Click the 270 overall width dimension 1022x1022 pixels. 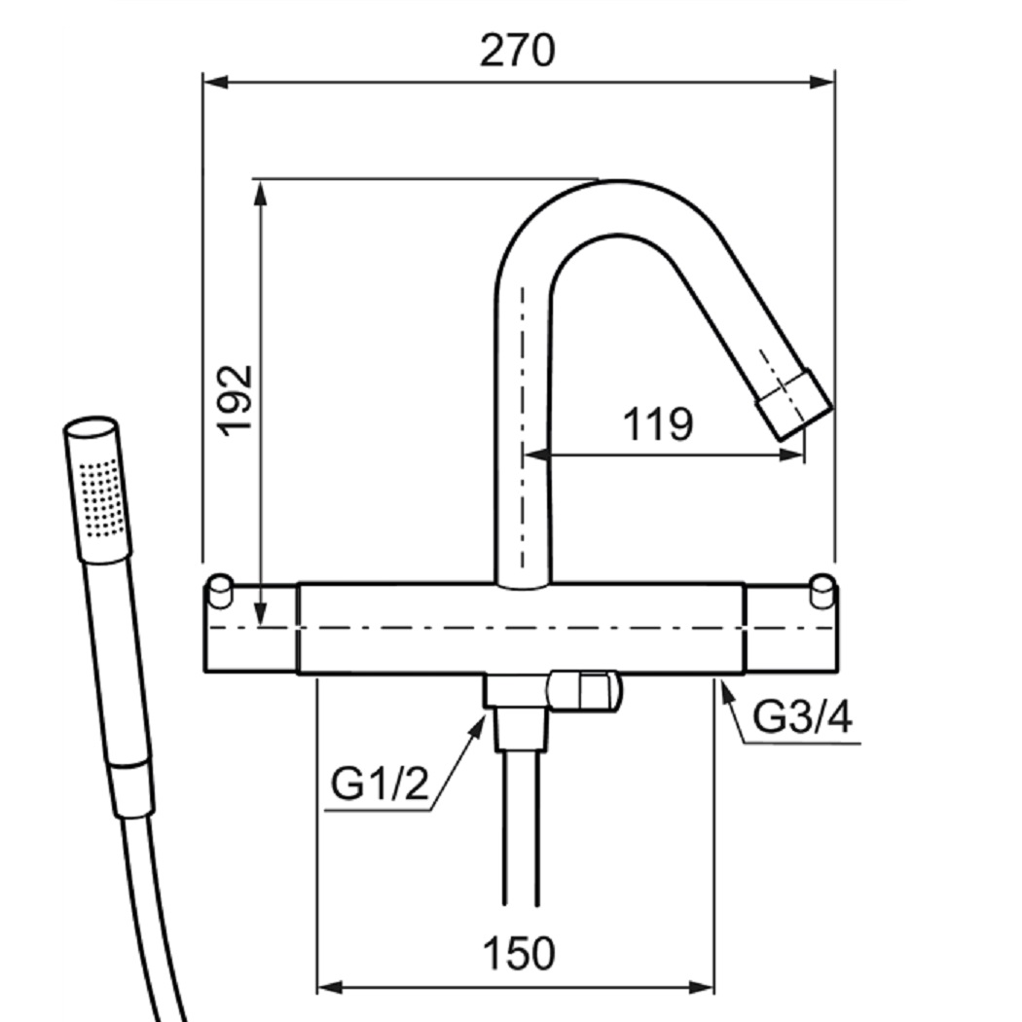pos(518,51)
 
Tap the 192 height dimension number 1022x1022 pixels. pos(236,400)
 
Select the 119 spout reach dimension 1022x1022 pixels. pos(658,424)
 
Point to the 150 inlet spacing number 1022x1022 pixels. pos(519,954)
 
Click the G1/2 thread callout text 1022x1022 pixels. pos(380,784)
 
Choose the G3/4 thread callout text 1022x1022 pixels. pos(802,717)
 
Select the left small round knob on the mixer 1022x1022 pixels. pos(220,591)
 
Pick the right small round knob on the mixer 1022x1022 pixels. pos(822,590)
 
